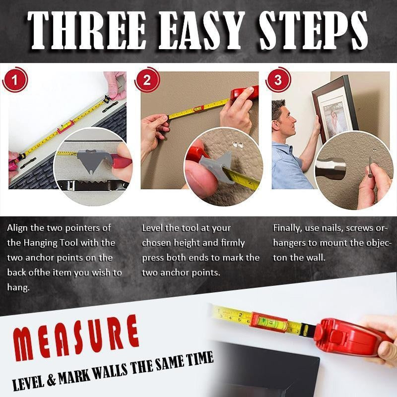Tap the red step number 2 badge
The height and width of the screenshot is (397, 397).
pyautogui.click(x=147, y=81)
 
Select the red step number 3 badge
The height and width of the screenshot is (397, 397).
pyautogui.click(x=277, y=81)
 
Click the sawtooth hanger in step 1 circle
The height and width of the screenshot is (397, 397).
pyautogui.click(x=92, y=186)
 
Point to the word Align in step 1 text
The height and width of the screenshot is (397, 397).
pyautogui.click(x=18, y=228)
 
